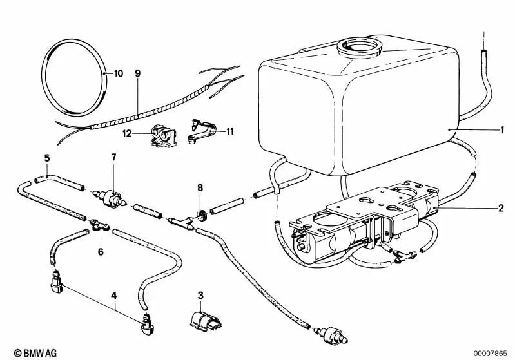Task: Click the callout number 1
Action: [x=501, y=130]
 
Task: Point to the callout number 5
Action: [x=46, y=158]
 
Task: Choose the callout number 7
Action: [x=114, y=157]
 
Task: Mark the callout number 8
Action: [x=200, y=188]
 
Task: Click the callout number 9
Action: [x=137, y=73]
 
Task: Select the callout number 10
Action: [x=118, y=73]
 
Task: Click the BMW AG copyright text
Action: [x=24, y=352]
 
